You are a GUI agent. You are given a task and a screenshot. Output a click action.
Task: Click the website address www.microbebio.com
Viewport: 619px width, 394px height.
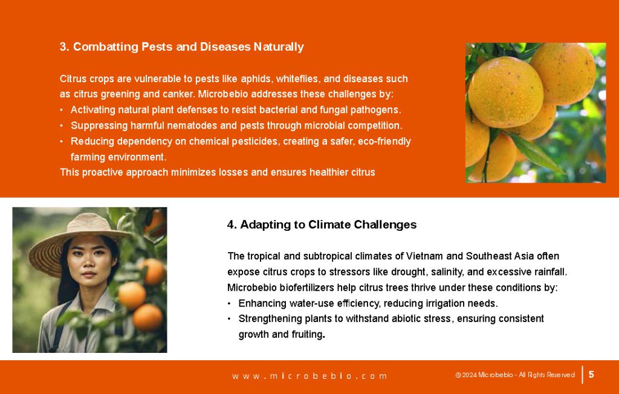309,376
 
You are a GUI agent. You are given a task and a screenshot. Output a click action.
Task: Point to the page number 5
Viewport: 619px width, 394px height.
591,374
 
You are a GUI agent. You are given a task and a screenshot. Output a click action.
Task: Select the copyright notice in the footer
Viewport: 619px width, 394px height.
515,375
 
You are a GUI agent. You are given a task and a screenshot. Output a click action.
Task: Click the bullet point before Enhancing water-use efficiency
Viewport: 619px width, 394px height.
230,304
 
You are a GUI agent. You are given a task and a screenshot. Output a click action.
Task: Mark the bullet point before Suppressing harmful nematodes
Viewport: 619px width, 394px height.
62,126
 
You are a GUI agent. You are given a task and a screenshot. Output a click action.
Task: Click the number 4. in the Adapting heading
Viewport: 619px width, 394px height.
232,225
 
